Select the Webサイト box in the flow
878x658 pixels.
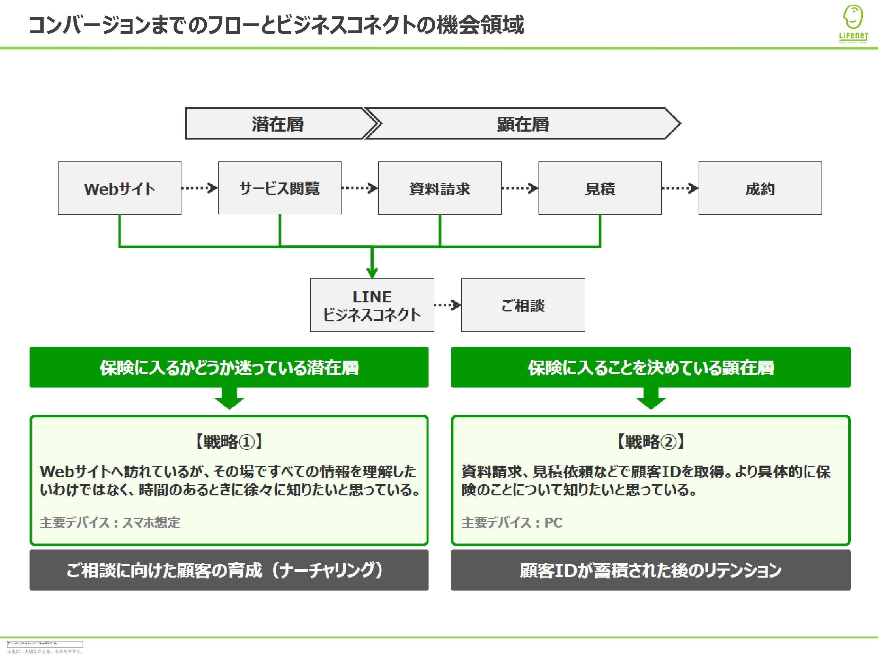[119, 188]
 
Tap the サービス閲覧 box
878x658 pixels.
[279, 188]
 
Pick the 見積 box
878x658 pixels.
[600, 188]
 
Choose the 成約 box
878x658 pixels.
[760, 188]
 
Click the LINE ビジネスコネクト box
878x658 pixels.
[372, 305]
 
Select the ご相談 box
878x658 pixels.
[523, 305]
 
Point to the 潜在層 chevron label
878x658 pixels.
[277, 124]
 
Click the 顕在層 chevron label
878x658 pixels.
[523, 124]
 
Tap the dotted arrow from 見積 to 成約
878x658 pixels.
[680, 188]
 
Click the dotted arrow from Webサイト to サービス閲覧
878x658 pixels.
[199, 188]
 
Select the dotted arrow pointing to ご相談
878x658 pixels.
[447, 305]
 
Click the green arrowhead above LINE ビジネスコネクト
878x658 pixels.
[372, 273]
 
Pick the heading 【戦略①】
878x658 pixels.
[229, 441]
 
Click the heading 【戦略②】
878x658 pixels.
[651, 441]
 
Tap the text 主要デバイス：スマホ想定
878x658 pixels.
[110, 523]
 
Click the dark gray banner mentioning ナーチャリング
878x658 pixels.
[229, 570]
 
